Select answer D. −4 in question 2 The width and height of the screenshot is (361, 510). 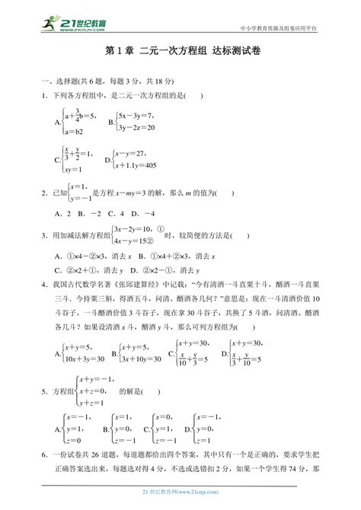[x=142, y=213]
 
